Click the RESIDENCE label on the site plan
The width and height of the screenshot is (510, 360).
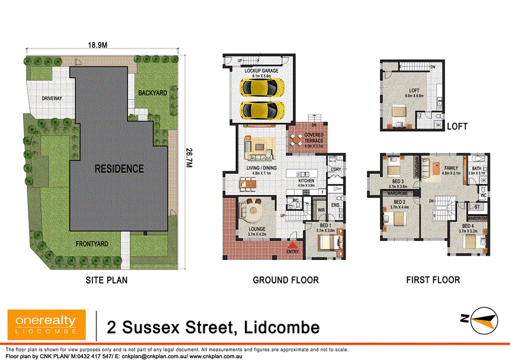[x=119, y=169]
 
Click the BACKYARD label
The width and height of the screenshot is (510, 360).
[x=152, y=93]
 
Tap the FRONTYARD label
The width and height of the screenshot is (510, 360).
[x=89, y=243]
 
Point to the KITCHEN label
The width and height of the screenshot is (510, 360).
[x=307, y=181]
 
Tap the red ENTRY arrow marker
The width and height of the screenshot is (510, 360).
[x=293, y=245]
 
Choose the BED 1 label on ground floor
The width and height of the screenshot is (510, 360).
[x=325, y=226]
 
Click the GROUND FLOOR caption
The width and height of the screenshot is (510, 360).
[x=286, y=280]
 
